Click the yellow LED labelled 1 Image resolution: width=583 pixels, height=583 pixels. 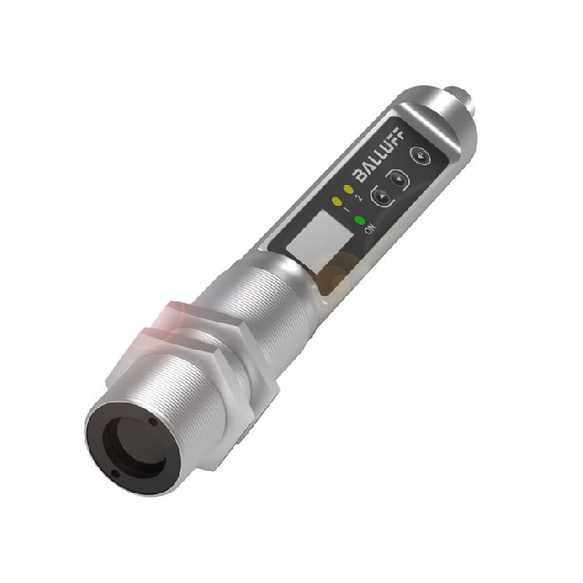(338, 200)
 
